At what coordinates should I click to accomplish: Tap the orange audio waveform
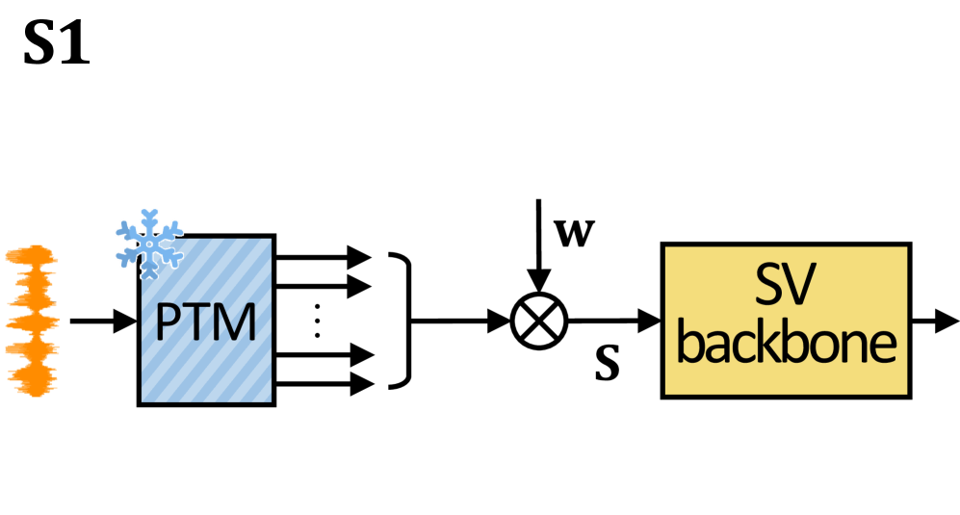point(32,321)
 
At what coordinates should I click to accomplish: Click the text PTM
point(206,324)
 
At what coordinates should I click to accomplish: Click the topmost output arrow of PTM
point(323,256)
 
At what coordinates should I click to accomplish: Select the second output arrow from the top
point(323,285)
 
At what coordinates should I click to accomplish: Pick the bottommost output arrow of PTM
point(323,384)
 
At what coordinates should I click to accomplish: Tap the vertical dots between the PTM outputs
point(317,321)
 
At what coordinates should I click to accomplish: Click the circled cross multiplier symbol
point(539,321)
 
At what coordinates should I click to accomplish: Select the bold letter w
point(575,233)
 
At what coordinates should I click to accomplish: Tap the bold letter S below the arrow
point(607,367)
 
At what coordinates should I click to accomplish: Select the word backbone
point(786,343)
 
